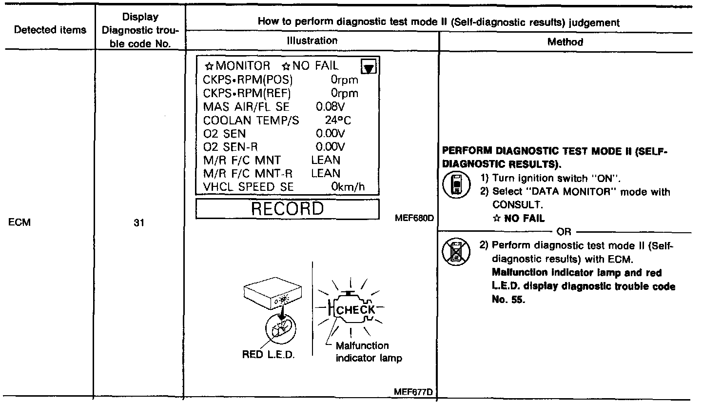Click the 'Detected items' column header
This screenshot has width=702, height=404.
click(50, 30)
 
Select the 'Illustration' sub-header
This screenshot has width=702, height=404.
click(312, 40)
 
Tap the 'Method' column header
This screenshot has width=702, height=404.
click(565, 42)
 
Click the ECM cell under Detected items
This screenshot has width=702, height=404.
click(19, 223)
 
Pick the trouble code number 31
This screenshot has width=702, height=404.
click(137, 225)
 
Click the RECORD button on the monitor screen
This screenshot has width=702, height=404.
click(287, 209)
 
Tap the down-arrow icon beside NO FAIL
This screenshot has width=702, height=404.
click(370, 67)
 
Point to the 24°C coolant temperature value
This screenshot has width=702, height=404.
click(338, 120)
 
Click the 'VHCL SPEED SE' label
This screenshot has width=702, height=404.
click(248, 187)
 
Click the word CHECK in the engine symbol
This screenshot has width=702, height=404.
click(357, 309)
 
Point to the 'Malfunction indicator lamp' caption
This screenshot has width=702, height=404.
click(369, 352)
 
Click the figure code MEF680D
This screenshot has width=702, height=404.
click(414, 218)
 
